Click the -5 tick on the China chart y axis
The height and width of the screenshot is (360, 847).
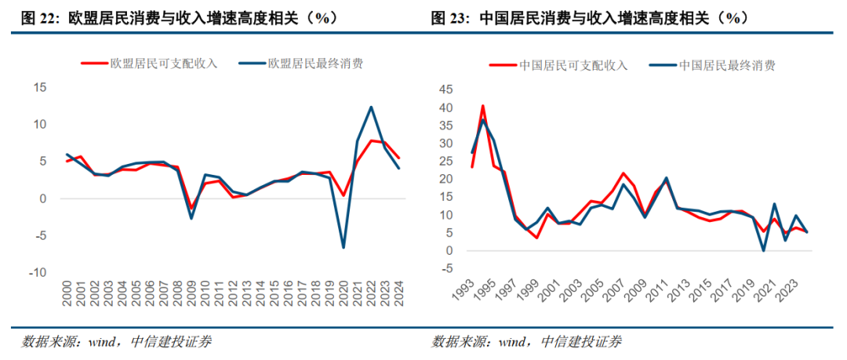pyautogui.click(x=448, y=269)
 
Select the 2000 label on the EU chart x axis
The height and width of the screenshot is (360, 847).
pyautogui.click(x=68, y=297)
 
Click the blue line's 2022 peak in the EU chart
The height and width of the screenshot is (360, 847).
pyautogui.click(x=371, y=107)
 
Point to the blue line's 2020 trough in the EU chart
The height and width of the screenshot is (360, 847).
pyautogui.click(x=344, y=248)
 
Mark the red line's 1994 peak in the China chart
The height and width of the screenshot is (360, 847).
pyautogui.click(x=483, y=105)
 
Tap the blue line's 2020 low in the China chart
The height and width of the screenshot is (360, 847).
pyautogui.click(x=763, y=250)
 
